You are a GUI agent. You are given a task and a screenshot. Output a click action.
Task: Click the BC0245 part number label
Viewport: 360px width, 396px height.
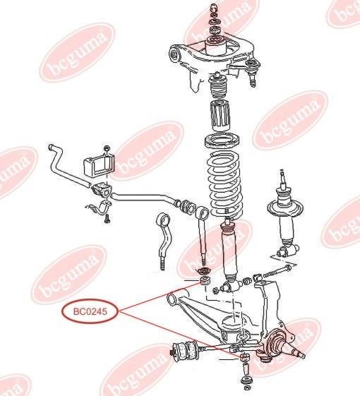click(x=90, y=311)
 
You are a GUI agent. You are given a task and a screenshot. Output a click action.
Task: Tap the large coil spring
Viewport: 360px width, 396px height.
click(x=224, y=186)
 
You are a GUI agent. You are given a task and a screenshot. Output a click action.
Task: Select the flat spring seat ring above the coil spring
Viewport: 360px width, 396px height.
click(x=222, y=141)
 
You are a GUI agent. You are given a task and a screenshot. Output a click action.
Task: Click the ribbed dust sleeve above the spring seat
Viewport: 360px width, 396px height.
click(x=220, y=115)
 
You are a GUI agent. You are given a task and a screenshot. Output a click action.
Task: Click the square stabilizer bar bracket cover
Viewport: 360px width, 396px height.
click(x=99, y=166)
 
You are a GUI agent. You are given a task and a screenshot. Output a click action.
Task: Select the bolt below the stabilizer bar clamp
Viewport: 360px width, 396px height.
click(x=107, y=218)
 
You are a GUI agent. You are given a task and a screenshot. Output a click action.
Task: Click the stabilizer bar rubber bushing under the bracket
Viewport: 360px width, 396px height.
click(x=102, y=190)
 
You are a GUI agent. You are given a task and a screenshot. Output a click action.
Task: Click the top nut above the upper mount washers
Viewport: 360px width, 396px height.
click(x=214, y=7)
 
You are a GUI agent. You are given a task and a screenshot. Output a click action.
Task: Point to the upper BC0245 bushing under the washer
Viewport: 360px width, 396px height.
click(x=205, y=280)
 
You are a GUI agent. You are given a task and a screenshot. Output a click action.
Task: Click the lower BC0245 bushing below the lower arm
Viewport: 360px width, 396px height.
click(x=245, y=357)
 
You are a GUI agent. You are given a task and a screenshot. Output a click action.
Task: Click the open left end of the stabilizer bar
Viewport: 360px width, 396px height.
click(x=51, y=147)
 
